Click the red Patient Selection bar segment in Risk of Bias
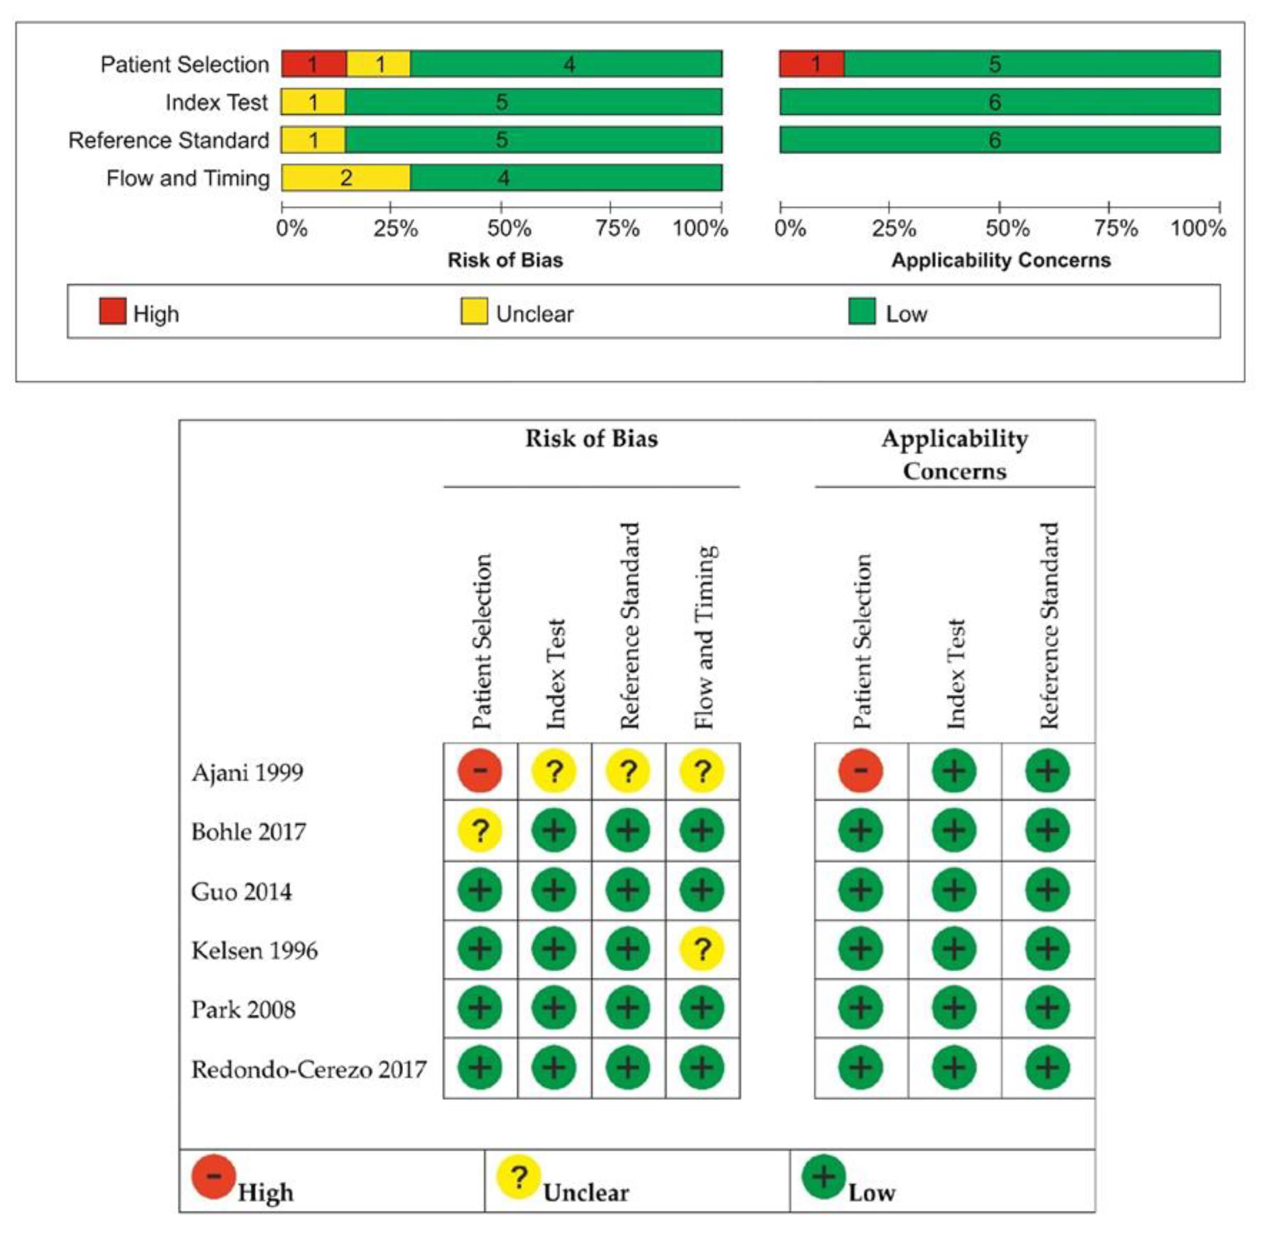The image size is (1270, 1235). pyautogui.click(x=314, y=64)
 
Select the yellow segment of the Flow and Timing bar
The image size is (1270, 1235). pyautogui.click(x=346, y=178)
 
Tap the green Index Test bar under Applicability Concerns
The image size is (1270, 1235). pyautogui.click(x=999, y=102)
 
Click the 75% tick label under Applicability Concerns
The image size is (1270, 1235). pyautogui.click(x=1116, y=228)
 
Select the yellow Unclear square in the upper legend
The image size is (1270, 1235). pyautogui.click(x=474, y=311)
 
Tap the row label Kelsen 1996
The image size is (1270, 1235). pyautogui.click(x=254, y=951)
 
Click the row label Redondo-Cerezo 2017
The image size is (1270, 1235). pyautogui.click(x=309, y=1070)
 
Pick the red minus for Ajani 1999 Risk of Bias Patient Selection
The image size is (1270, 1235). pyautogui.click(x=480, y=771)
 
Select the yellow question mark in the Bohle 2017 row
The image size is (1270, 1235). pyautogui.click(x=480, y=831)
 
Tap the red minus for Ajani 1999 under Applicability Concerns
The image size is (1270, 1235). pyautogui.click(x=861, y=771)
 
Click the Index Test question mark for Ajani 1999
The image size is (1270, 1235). pyautogui.click(x=554, y=771)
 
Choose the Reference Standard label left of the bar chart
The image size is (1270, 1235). pyautogui.click(x=169, y=140)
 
